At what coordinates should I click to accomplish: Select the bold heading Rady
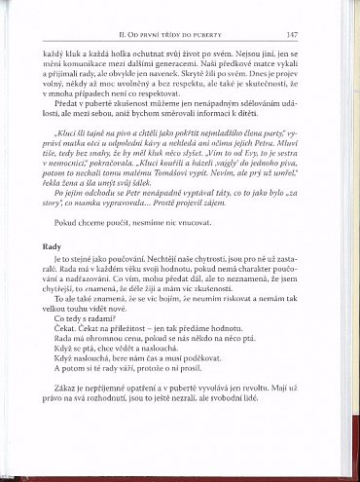pos(54,275)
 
